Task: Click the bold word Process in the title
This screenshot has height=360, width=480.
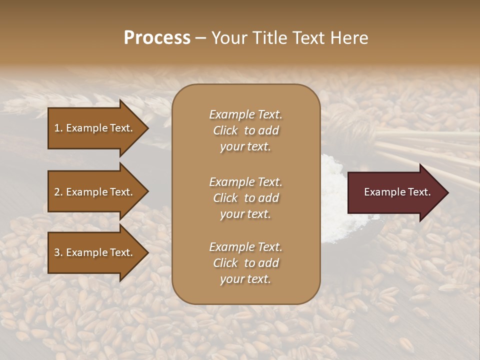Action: pos(157,38)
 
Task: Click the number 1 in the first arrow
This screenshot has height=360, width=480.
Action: pos(57,128)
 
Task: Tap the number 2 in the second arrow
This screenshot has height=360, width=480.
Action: pos(57,192)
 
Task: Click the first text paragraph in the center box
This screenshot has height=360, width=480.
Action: pos(245,130)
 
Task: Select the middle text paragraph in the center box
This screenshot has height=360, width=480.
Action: pos(245,198)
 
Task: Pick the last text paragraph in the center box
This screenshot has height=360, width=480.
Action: pos(245,263)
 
